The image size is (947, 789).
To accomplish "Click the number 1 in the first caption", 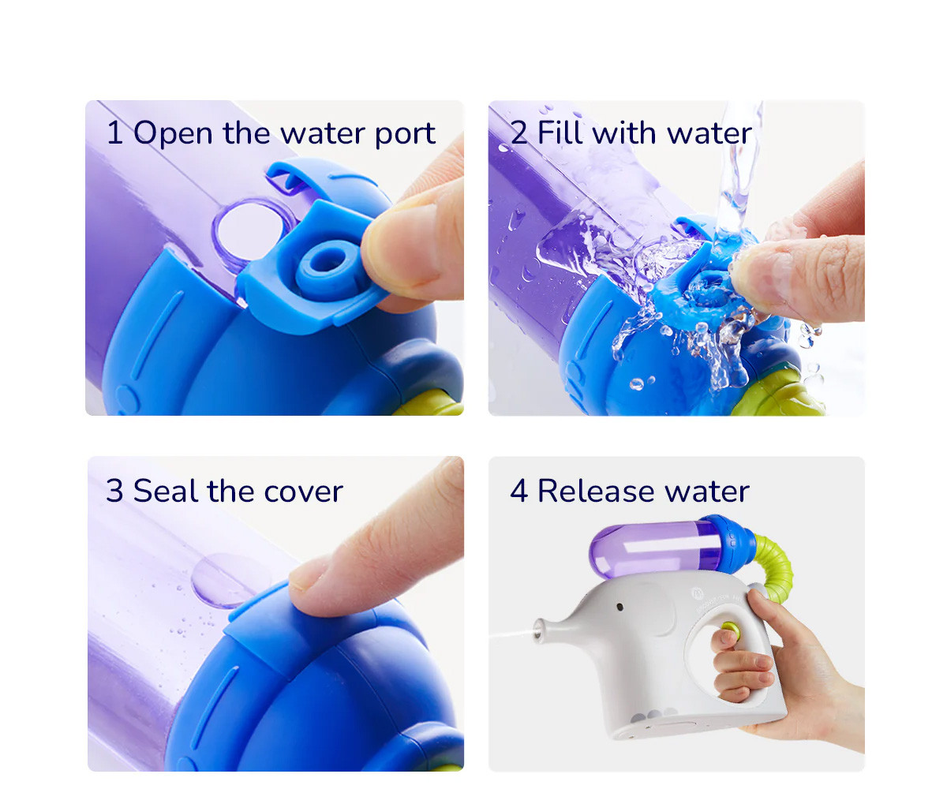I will point(114,133).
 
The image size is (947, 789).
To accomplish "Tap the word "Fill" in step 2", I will point(561,133).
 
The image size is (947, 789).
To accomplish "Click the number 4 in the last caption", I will point(518,491).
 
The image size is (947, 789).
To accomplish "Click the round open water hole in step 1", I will point(249,228).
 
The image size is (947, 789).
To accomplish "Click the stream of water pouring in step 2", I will point(738,174).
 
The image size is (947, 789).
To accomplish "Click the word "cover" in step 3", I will point(304,492).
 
